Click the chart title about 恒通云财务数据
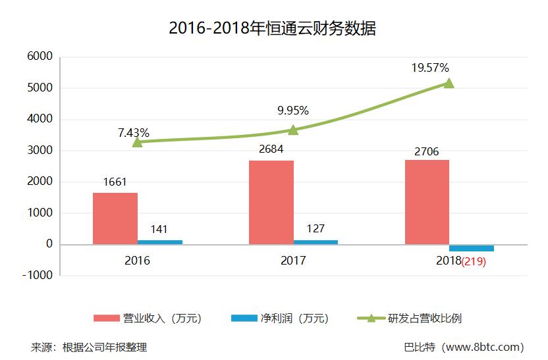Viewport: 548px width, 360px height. (272, 28)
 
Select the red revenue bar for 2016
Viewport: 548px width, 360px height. (115, 219)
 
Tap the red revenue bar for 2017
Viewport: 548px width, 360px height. (271, 202)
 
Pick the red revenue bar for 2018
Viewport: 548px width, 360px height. (427, 202)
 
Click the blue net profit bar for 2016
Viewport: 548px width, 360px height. (160, 242)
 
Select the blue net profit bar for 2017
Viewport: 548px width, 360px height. (315, 242)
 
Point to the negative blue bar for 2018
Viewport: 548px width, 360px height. (472, 247)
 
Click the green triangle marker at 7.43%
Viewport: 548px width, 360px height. (137, 141)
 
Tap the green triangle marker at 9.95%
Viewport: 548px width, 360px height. (293, 130)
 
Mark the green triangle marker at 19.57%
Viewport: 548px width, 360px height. (449, 83)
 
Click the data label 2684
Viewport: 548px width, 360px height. (271, 149)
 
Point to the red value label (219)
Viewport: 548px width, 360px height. (473, 261)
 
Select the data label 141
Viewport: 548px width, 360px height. (159, 229)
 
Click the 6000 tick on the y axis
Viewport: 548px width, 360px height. (40, 57)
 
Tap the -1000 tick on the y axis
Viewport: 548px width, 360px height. (38, 276)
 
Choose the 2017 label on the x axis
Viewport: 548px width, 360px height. (293, 261)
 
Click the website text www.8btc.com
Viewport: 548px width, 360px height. (485, 347)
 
